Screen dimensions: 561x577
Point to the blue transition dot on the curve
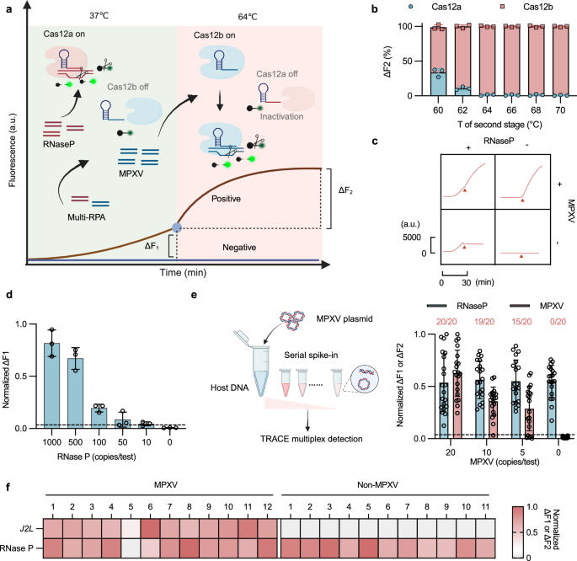[177, 227]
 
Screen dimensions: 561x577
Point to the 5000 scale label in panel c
[413, 239]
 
